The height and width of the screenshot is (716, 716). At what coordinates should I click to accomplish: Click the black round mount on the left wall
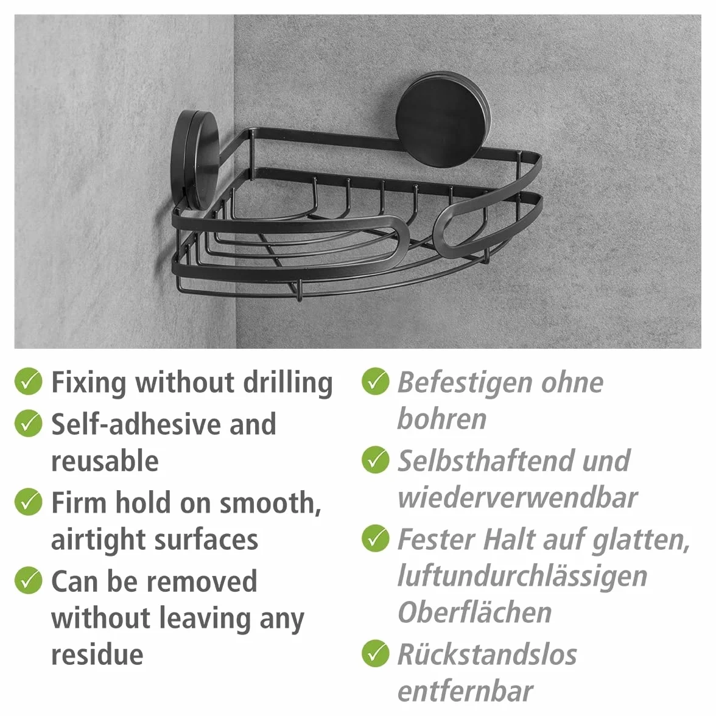195,160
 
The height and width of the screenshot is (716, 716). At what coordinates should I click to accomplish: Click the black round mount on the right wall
443,119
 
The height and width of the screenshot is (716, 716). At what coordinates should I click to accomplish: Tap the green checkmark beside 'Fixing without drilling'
28,381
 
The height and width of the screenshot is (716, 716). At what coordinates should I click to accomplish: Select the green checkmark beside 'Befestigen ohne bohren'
375,381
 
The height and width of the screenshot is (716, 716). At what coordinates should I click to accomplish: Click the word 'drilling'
287,382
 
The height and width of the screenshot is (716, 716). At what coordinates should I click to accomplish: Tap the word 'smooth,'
270,503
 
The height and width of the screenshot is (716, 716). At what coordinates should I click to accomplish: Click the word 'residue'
97,655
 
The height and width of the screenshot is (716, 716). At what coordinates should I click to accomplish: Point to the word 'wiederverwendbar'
518,498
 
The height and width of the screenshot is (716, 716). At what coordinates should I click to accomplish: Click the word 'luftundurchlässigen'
522,576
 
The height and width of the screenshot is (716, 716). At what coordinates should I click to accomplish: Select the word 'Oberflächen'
474,612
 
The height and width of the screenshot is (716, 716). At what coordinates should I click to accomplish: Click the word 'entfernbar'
465,692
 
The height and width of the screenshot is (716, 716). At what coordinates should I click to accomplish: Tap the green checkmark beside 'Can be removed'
28,580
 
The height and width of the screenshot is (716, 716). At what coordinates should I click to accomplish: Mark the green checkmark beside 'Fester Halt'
375,538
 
